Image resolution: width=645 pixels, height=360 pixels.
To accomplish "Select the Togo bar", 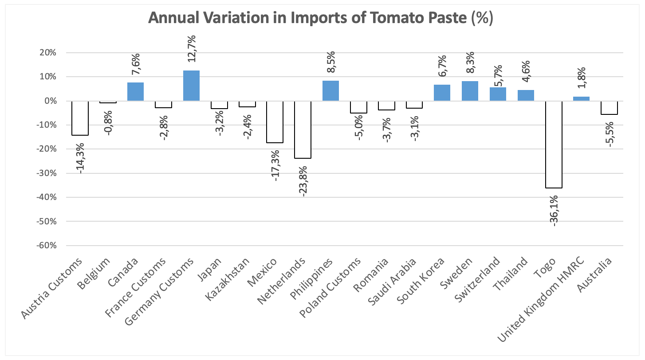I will [x=554, y=145].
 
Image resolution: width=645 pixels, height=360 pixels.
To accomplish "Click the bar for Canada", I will [x=135, y=92].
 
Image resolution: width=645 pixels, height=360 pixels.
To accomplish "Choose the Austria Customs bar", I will [x=80, y=118].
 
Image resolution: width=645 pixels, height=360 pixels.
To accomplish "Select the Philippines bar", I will [x=330, y=91].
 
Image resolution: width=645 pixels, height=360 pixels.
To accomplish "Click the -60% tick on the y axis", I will [x=47, y=246].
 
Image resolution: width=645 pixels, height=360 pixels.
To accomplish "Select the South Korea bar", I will [x=442, y=93].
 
